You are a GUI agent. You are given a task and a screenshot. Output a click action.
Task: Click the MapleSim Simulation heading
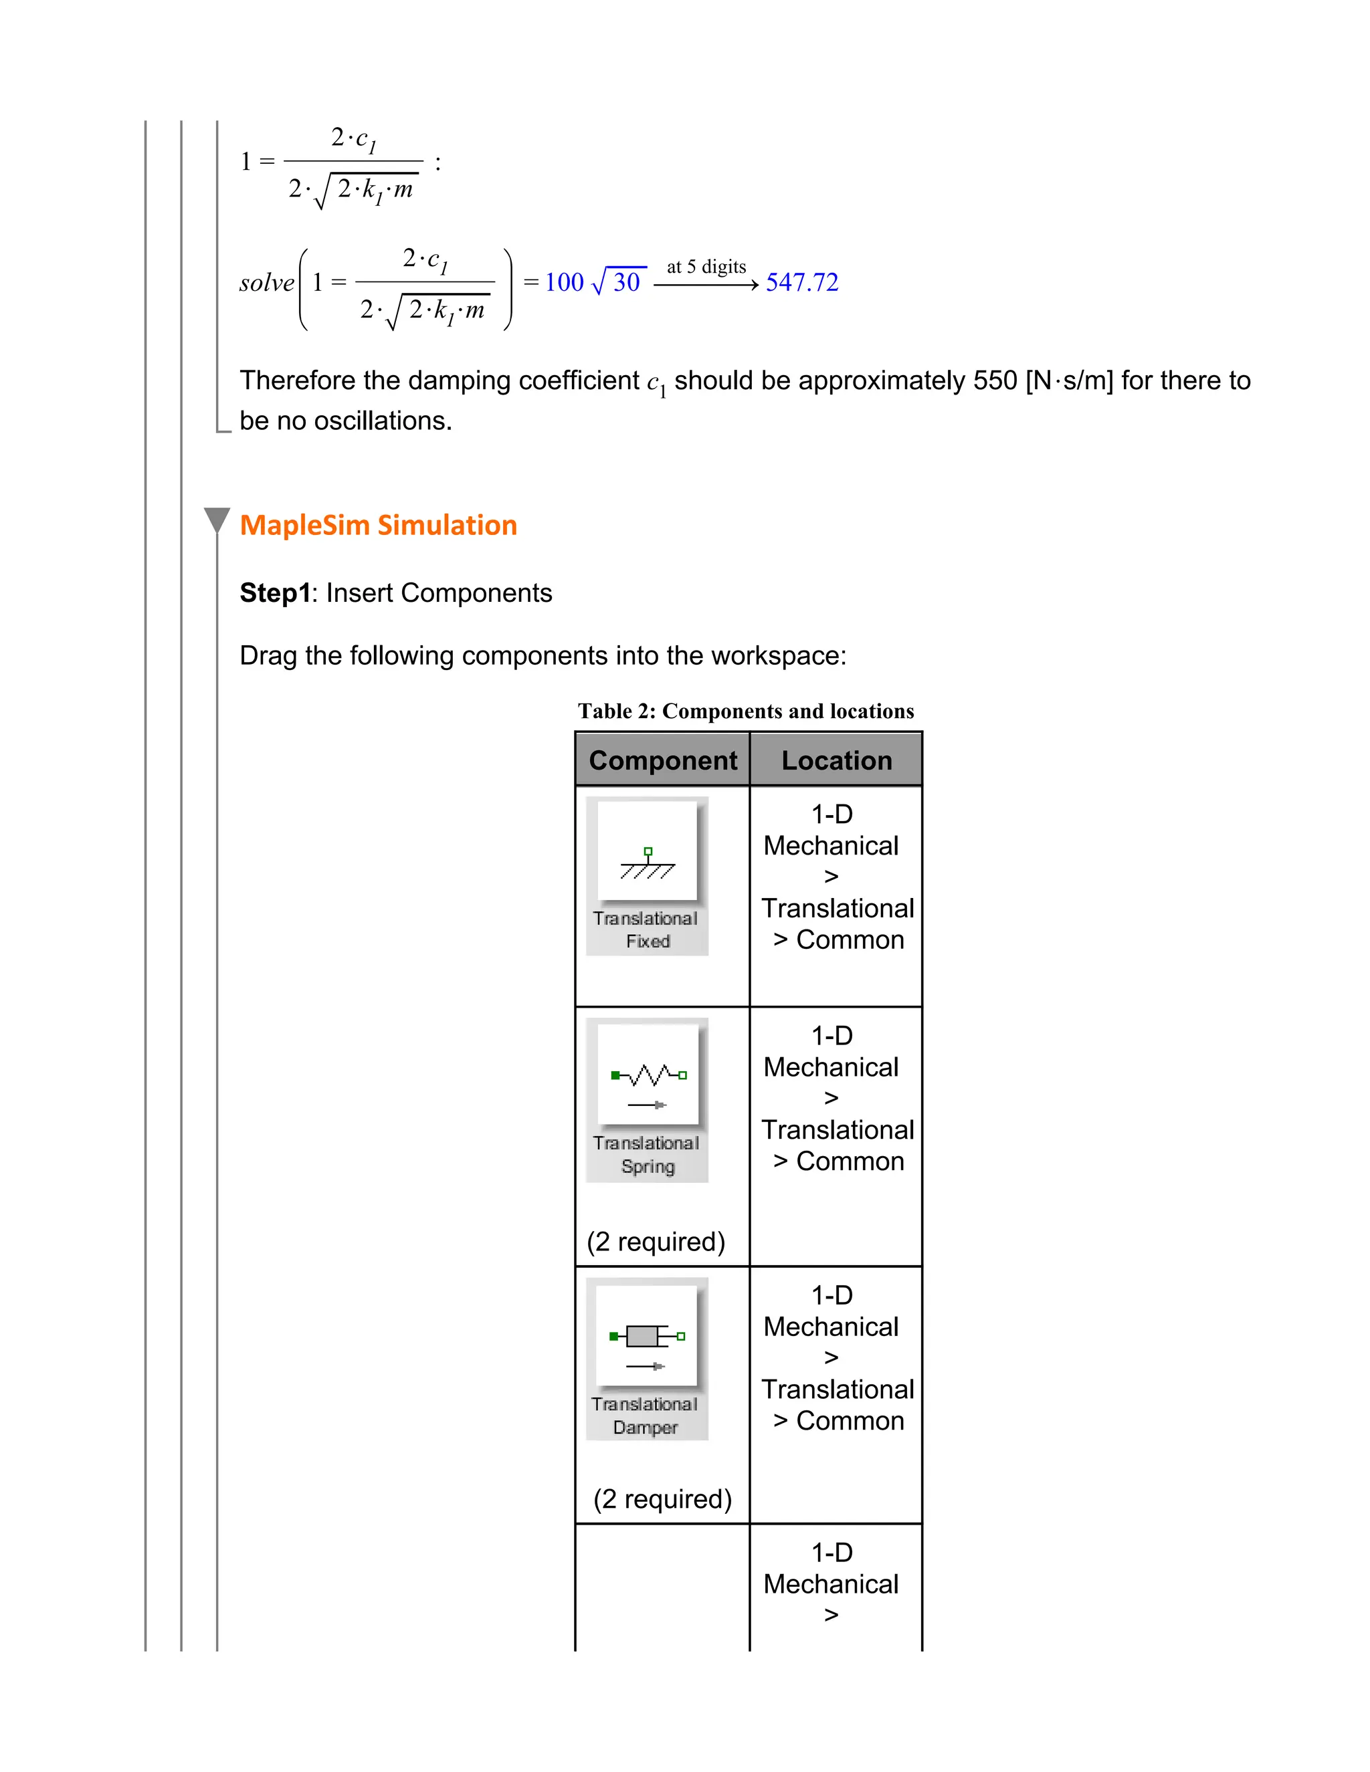pyautogui.click(x=378, y=525)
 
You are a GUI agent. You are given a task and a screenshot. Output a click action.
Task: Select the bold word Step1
pyautogui.click(x=275, y=593)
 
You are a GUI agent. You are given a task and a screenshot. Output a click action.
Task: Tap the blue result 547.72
pyautogui.click(x=802, y=282)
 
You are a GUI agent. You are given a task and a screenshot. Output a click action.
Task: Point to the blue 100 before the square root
pyautogui.click(x=564, y=282)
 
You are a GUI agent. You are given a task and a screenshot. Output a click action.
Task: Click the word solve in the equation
pyautogui.click(x=266, y=283)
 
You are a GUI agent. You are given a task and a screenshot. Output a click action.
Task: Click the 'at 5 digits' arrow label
pyautogui.click(x=706, y=267)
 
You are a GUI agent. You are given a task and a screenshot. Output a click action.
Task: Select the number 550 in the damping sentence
pyautogui.click(x=995, y=380)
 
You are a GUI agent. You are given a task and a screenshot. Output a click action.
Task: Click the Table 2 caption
pyautogui.click(x=746, y=711)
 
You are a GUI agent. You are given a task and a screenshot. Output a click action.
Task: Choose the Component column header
pyautogui.click(x=663, y=760)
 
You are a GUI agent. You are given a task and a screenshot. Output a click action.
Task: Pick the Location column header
pyautogui.click(x=837, y=760)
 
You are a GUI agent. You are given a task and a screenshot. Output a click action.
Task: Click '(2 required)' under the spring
pyautogui.click(x=656, y=1241)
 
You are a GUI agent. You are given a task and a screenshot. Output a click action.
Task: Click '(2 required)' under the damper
pyautogui.click(x=662, y=1499)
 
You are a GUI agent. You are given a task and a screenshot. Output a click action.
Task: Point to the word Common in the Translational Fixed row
pyautogui.click(x=850, y=939)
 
